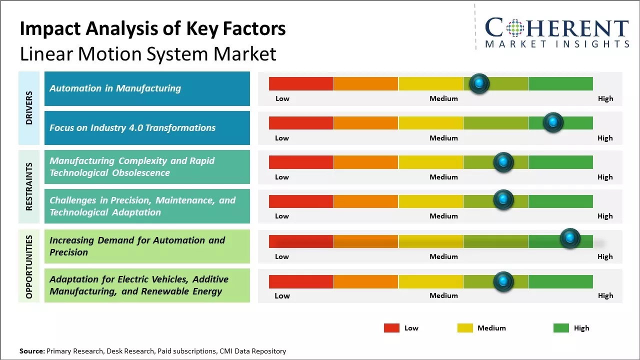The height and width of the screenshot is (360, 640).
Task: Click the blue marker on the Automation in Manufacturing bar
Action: [479, 83]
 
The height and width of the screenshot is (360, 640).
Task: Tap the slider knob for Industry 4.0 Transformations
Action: [553, 122]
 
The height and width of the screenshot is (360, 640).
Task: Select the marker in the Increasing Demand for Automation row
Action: [569, 238]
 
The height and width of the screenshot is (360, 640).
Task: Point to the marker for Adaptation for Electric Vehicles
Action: [503, 281]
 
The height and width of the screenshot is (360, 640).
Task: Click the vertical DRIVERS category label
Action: [29, 107]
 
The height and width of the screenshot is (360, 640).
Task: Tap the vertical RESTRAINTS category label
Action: [29, 186]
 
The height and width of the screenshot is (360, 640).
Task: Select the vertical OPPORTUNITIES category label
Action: [29, 266]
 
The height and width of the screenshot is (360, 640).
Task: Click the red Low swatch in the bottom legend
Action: [391, 328]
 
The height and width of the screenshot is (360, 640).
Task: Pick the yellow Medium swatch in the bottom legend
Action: [465, 328]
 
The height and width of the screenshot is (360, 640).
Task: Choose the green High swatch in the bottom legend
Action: [561, 328]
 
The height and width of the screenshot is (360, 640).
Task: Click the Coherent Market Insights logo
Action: [556, 32]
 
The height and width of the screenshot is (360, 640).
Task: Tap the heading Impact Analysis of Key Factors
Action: [152, 28]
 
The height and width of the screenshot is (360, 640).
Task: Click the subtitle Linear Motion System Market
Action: [148, 53]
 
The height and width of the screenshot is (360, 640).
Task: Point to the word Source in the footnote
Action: [32, 351]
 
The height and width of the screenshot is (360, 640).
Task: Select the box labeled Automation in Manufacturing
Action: [147, 88]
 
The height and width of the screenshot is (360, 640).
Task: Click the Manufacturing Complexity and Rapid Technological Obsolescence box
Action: [147, 167]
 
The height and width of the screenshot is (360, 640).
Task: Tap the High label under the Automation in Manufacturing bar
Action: [605, 98]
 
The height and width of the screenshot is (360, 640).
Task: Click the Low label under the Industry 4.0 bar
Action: [282, 138]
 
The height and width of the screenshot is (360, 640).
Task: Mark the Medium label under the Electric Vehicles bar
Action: [443, 295]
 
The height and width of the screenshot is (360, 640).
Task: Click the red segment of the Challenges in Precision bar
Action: [301, 201]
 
